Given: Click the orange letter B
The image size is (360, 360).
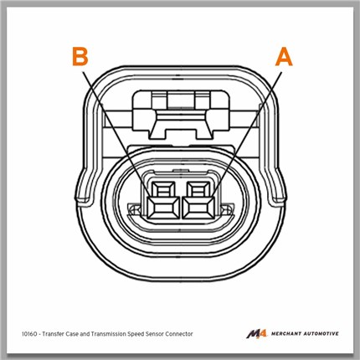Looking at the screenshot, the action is pos(80,57).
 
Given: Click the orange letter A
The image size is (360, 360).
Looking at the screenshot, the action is pos(284,57).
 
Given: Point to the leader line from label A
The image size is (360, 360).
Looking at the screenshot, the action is pos(247,135).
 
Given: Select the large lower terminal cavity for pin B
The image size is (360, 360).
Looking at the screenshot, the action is pos(163,208).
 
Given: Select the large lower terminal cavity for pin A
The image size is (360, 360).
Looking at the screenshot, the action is pos(198,208).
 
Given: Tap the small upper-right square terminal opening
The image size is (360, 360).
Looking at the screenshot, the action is pos(198,188).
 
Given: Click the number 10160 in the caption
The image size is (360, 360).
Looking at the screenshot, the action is pos(29,334).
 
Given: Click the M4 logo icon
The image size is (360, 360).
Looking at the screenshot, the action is pos(257,334).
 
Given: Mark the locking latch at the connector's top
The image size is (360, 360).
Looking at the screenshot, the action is pos(182,114).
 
